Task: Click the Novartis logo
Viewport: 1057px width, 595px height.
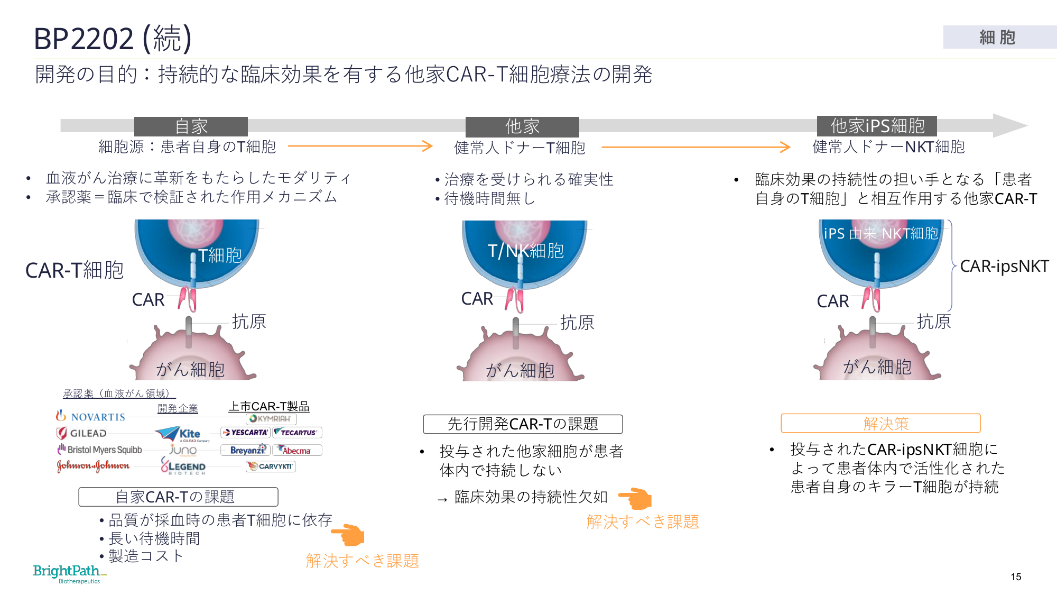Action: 91,417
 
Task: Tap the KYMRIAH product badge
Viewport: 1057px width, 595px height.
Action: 271,419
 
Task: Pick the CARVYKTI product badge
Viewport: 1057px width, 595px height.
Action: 271,466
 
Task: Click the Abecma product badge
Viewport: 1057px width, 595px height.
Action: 296,451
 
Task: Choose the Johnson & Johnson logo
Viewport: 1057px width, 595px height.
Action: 94,466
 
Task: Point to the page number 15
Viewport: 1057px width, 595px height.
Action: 1016,577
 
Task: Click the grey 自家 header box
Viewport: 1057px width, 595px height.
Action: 191,126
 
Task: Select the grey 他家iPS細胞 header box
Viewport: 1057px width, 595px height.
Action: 877,126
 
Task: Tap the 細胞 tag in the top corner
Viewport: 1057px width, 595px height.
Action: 998,38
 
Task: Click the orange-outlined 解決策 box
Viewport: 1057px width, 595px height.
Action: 880,424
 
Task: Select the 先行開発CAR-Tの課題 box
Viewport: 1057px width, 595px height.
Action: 523,424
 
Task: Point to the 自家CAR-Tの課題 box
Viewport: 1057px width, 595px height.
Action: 178,497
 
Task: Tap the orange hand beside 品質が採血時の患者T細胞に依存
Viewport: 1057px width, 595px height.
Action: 348,535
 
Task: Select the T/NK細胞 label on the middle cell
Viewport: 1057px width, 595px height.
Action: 525,251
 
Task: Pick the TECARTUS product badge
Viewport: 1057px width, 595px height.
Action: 298,433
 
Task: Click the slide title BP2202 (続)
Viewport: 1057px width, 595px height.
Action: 113,39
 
